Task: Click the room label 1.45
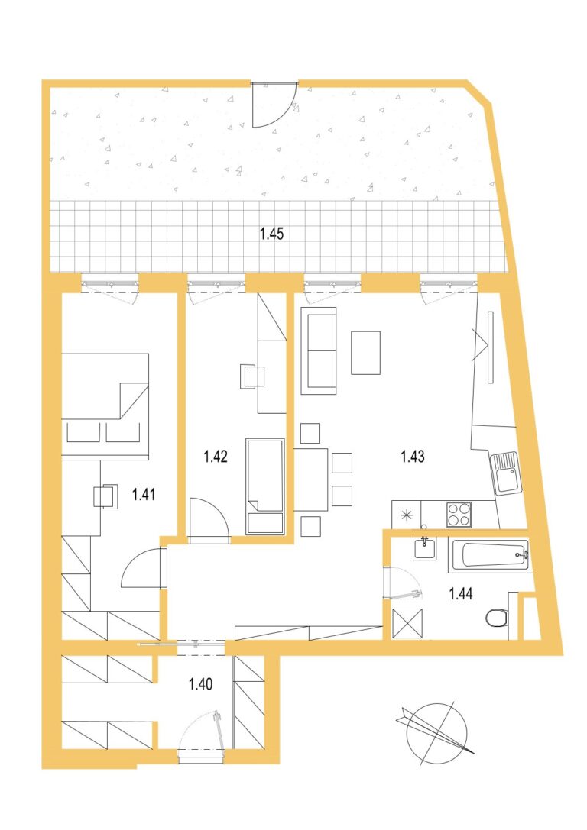click(x=272, y=234)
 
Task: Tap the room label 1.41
click(x=144, y=494)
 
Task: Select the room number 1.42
click(x=216, y=456)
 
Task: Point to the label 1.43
click(x=413, y=456)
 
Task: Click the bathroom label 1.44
click(x=461, y=594)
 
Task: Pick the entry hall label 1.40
click(x=201, y=684)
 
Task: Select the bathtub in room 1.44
click(x=488, y=556)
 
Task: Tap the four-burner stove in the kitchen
click(x=459, y=513)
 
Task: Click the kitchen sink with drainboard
click(x=506, y=473)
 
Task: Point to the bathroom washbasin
click(x=425, y=548)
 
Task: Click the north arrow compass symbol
click(x=436, y=733)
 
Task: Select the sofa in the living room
click(x=319, y=350)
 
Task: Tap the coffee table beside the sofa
click(x=365, y=353)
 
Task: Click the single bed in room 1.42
click(x=265, y=486)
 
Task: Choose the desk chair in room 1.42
click(x=252, y=376)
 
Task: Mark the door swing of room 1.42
click(x=209, y=520)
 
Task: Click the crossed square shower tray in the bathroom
click(x=407, y=623)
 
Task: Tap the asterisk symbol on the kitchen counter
click(x=407, y=515)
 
